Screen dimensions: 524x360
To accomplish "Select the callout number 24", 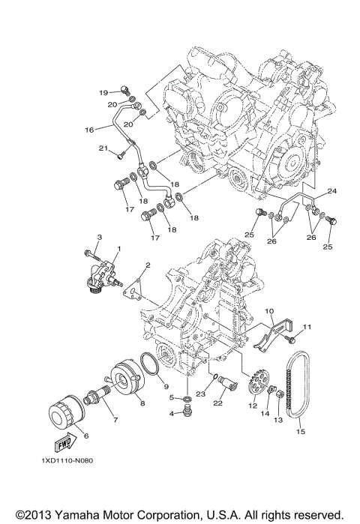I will [x=331, y=191].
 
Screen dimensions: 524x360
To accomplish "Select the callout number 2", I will [x=148, y=265].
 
